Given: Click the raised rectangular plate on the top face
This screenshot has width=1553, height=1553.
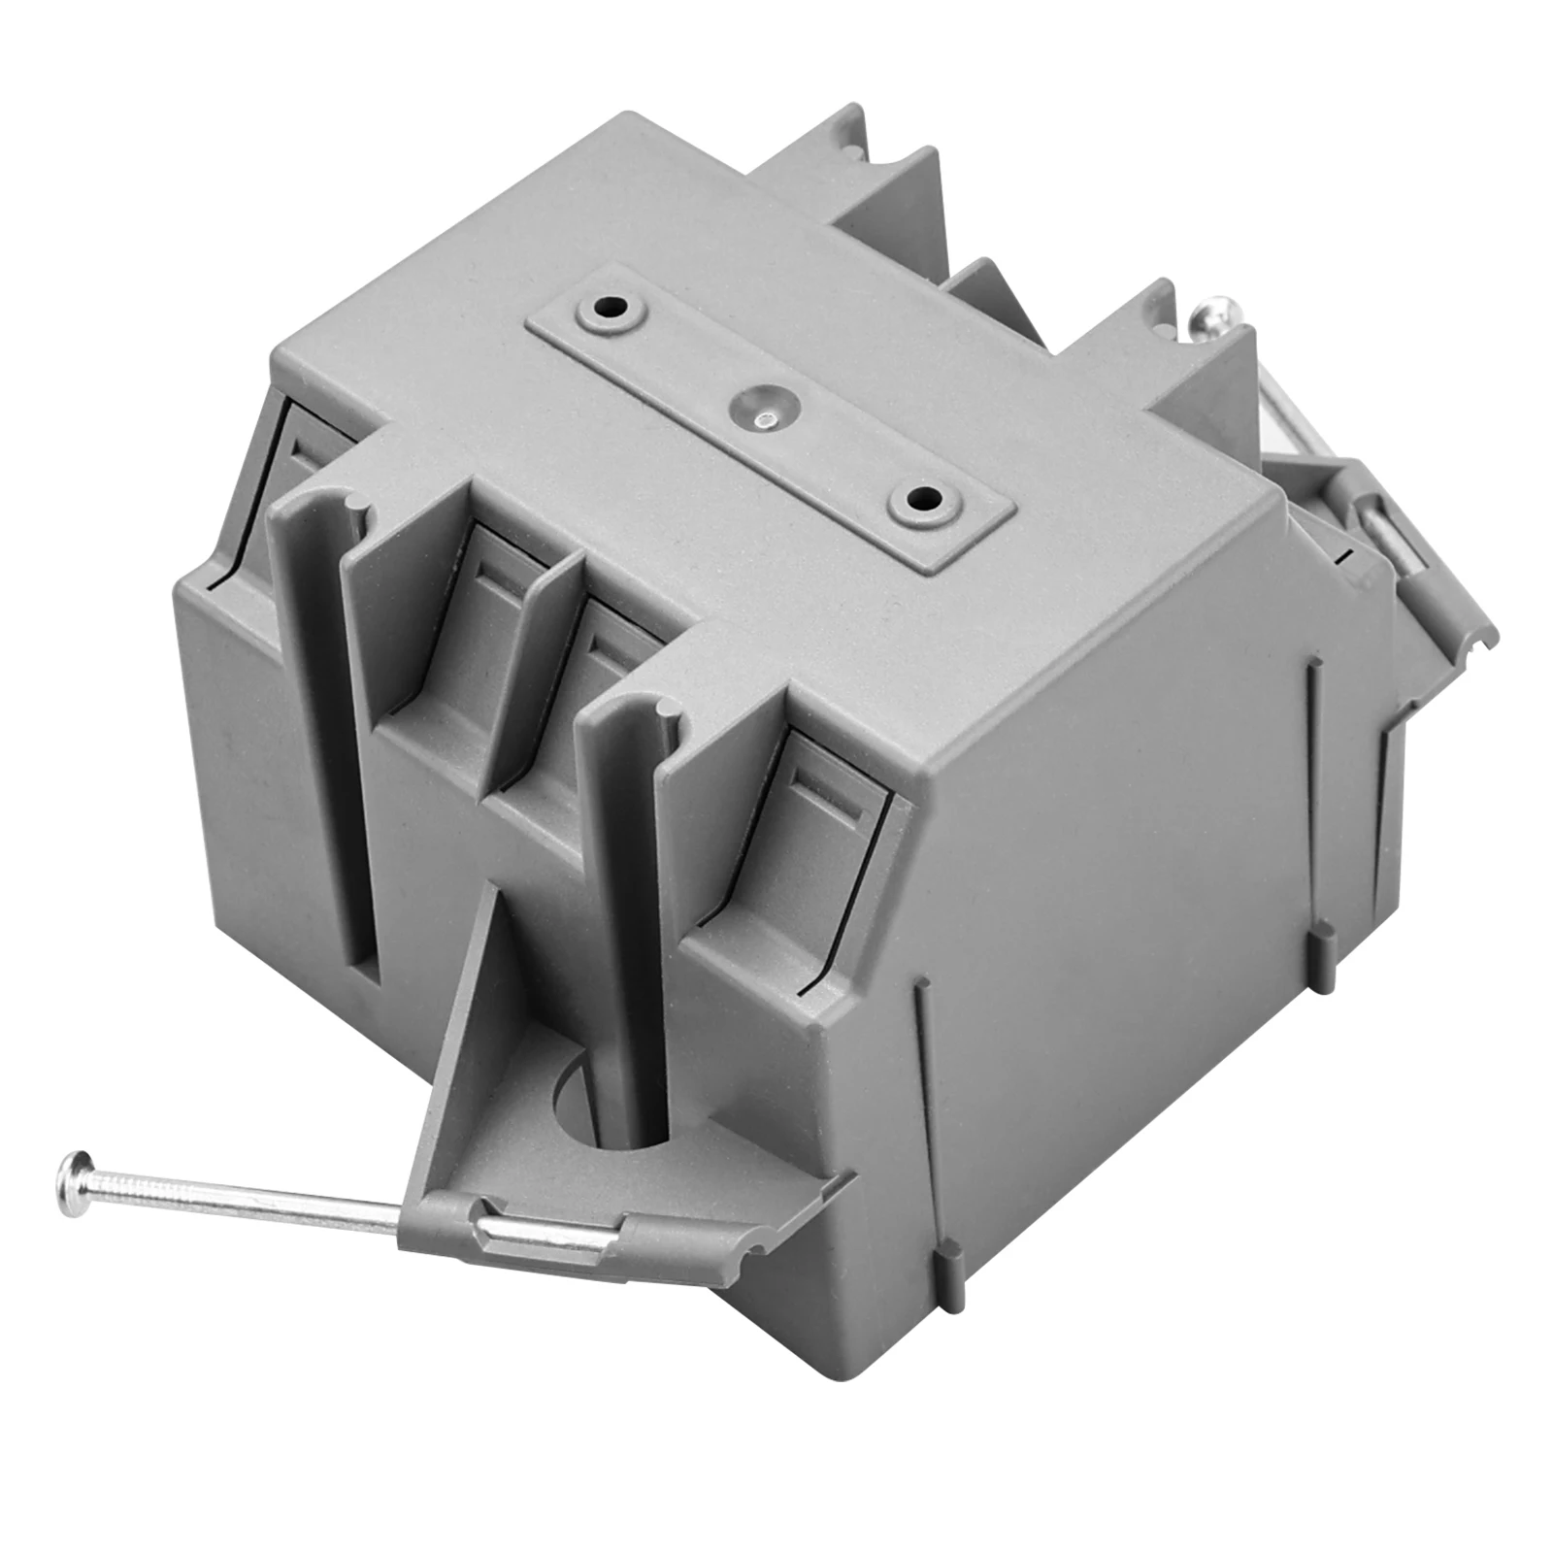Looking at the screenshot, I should point(767,427).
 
